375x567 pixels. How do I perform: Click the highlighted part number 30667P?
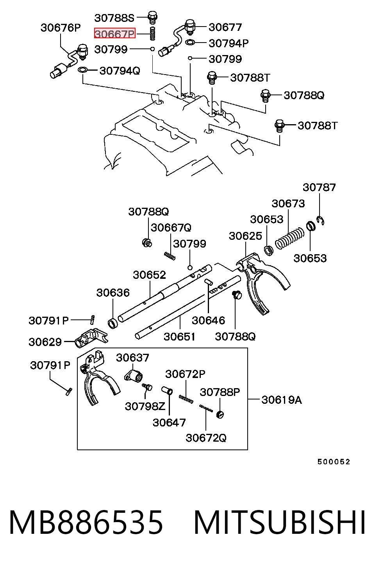115,33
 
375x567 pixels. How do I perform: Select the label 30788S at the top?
114,18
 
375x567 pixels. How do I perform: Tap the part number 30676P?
61,28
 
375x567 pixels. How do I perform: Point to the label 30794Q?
120,71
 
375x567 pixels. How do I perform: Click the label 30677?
225,27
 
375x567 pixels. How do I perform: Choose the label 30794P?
229,43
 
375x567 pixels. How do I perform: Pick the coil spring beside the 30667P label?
152,33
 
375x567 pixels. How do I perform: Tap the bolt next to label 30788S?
152,17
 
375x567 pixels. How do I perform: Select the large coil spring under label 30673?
289,238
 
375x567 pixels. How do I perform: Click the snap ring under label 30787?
321,220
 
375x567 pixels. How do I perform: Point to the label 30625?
245,236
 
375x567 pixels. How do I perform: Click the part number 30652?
149,275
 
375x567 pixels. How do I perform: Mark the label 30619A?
282,400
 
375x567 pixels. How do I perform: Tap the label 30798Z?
145,407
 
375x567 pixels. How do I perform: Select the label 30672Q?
206,438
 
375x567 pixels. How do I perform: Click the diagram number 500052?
334,462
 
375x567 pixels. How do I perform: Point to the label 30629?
45,342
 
